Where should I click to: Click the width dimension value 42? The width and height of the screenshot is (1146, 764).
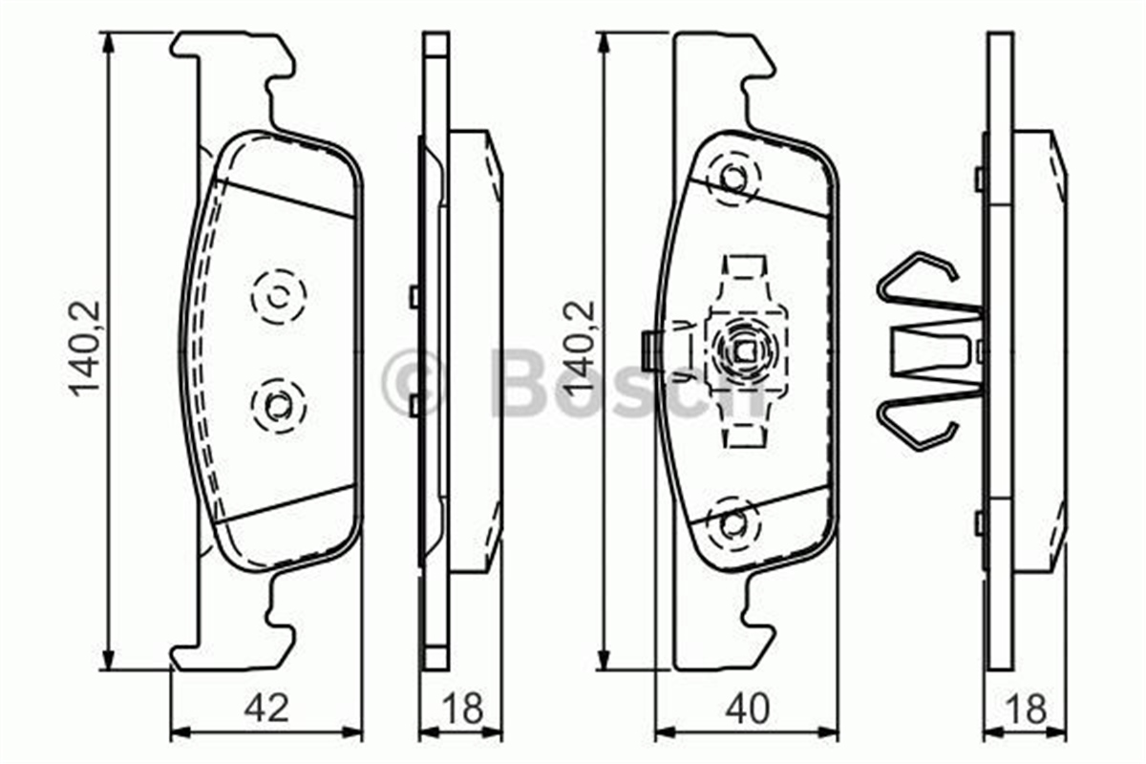click(266, 709)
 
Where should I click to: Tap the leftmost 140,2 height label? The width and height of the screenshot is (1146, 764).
click(84, 350)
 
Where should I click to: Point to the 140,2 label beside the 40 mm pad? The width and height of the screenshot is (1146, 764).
click(580, 350)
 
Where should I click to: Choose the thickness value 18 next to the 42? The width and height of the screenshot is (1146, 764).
click(462, 709)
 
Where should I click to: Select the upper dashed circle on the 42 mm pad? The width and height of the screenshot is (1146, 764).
click(279, 297)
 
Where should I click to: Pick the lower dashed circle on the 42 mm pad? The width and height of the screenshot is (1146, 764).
click(278, 406)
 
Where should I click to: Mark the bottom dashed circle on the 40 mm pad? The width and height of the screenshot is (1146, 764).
click(733, 521)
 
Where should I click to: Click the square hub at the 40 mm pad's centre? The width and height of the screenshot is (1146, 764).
click(744, 350)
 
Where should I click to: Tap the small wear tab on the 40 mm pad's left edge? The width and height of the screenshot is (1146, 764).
click(647, 350)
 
